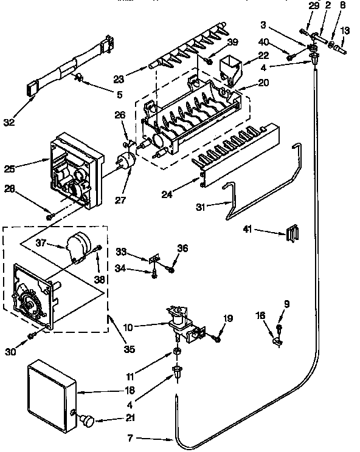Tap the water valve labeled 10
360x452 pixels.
[x=183, y=326]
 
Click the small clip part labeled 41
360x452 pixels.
[x=293, y=233]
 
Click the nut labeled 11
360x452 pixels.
[x=177, y=353]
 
